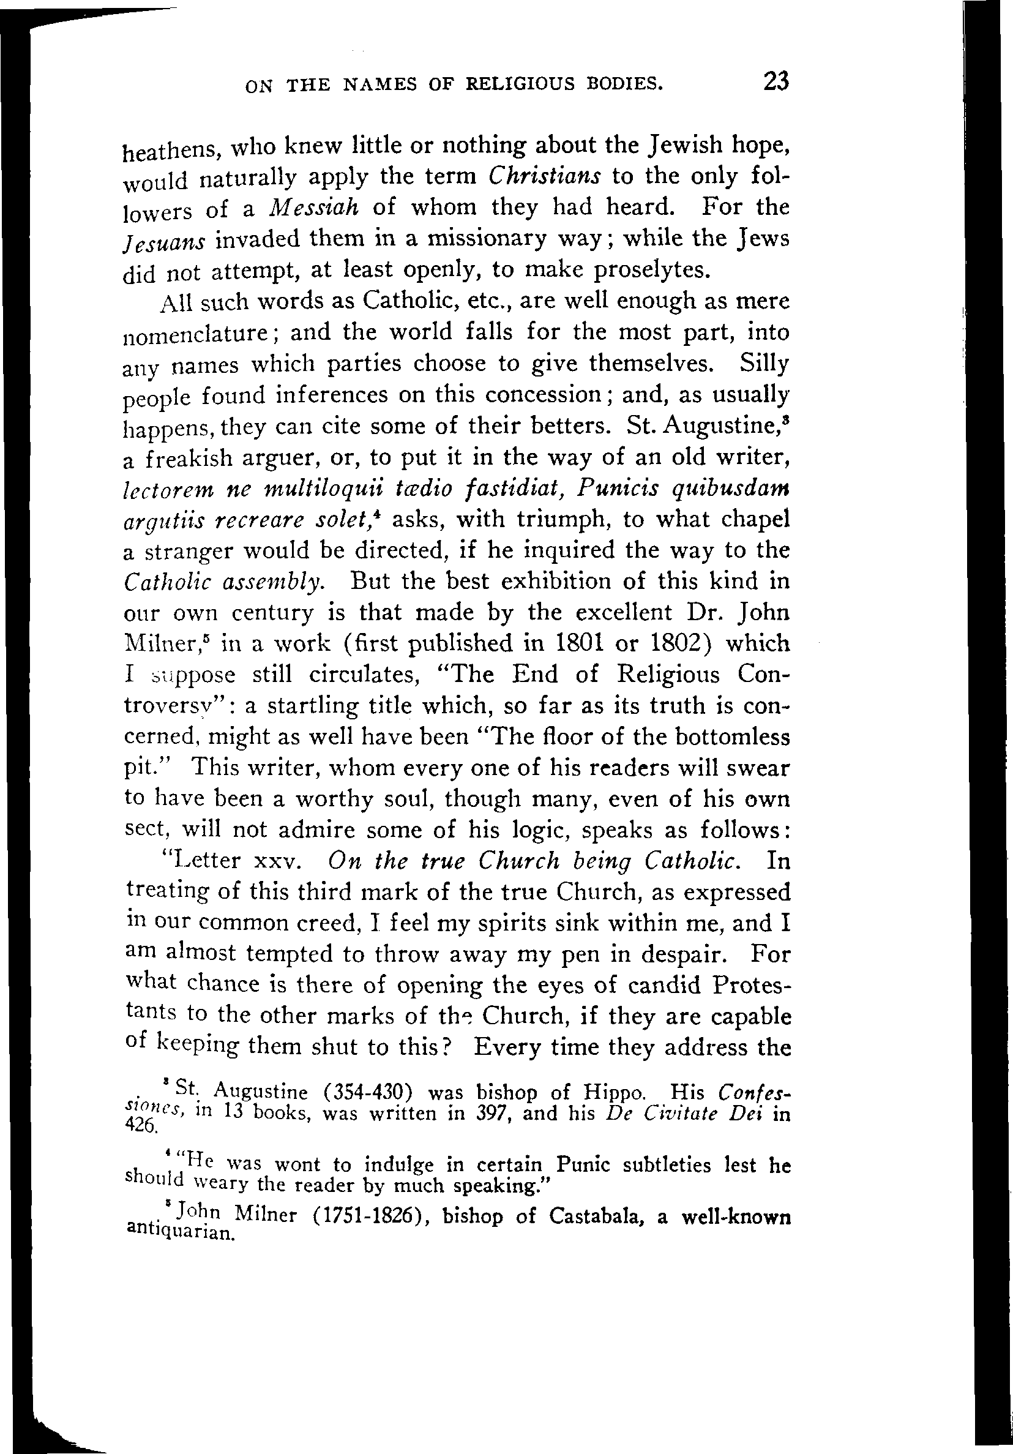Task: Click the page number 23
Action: pyautogui.click(x=776, y=81)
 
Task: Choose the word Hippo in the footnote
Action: pyautogui.click(x=615, y=1092)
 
